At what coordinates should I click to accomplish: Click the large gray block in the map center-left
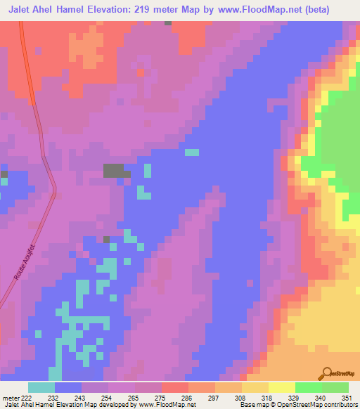(115, 170)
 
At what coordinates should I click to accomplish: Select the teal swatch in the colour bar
(41, 388)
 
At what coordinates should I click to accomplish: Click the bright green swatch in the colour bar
(309, 388)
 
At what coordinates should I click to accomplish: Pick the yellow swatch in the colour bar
(282, 388)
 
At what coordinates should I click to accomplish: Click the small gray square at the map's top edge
(167, 23)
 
